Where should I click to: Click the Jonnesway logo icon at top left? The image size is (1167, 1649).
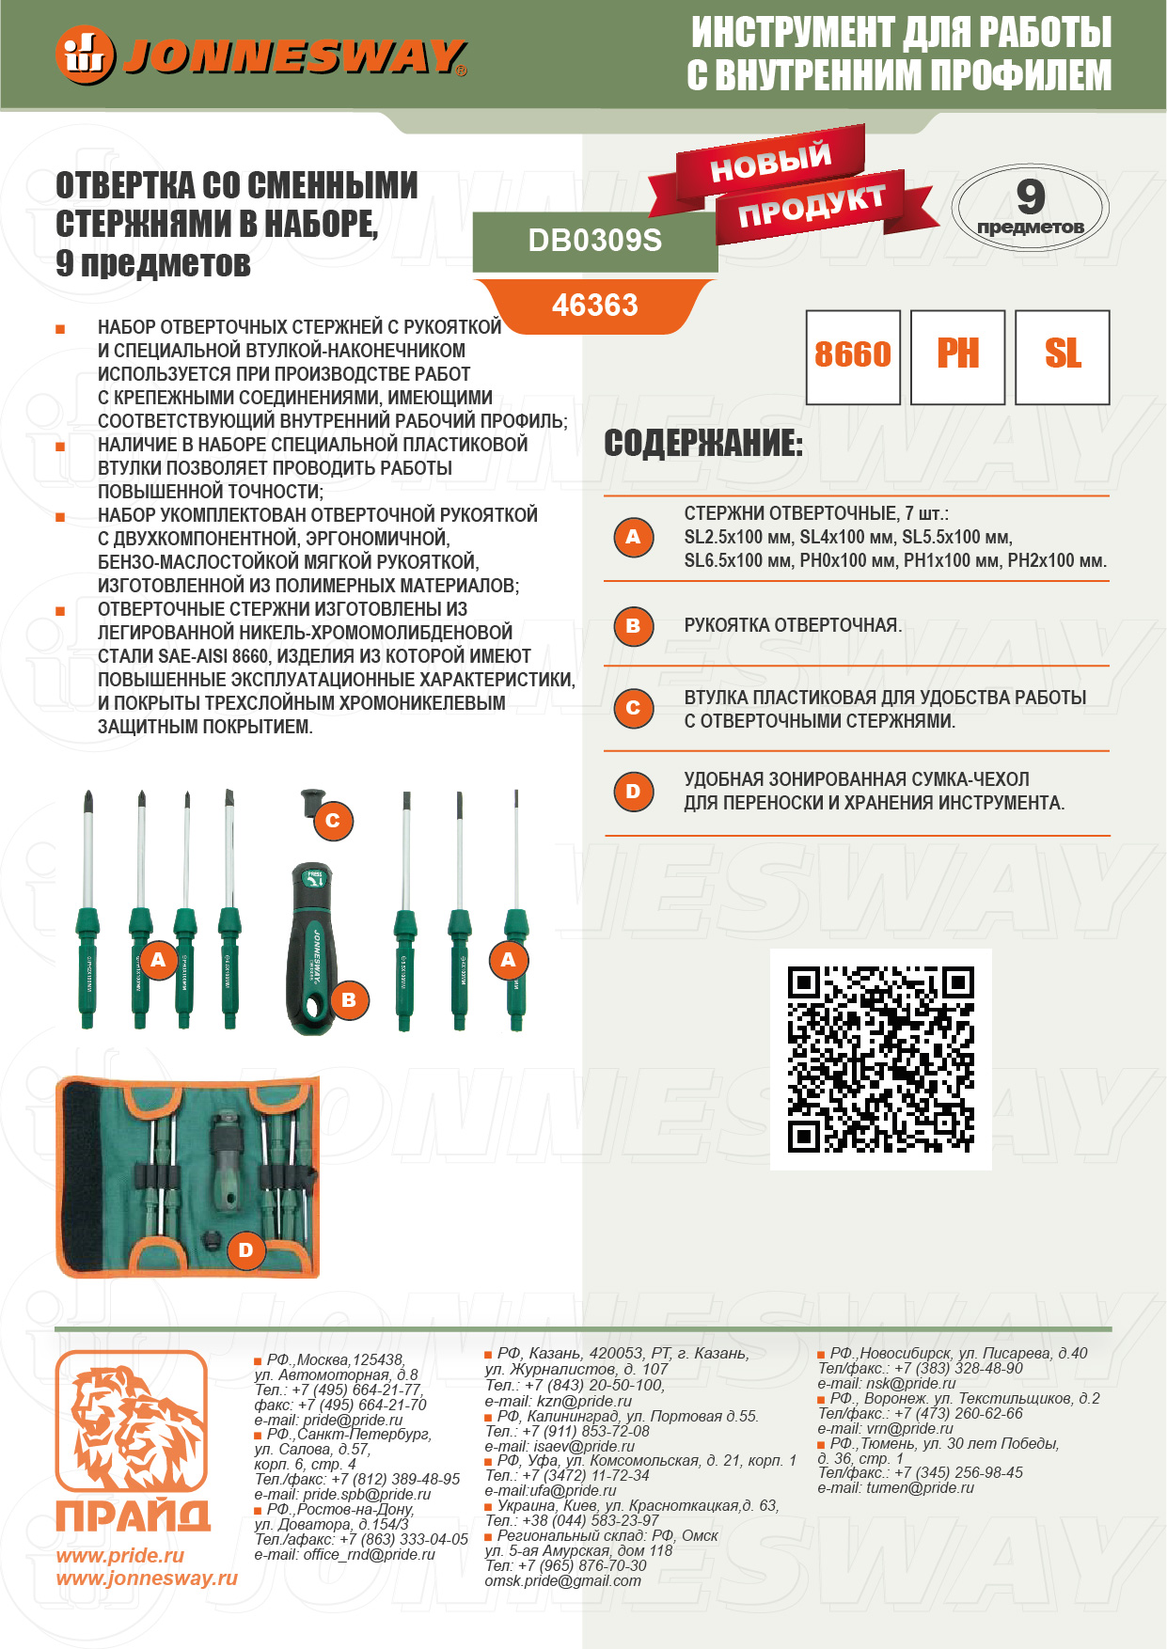click(x=85, y=55)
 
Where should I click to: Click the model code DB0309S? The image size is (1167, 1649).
click(x=595, y=241)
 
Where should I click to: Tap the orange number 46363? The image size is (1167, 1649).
click(x=595, y=306)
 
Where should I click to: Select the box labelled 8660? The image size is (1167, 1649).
click(x=853, y=357)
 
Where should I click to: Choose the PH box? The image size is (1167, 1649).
click(x=958, y=357)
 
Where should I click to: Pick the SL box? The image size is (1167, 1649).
click(x=1063, y=357)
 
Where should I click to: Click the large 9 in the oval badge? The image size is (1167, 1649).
click(x=1031, y=196)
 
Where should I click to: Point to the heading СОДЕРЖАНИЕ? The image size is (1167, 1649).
click(x=703, y=443)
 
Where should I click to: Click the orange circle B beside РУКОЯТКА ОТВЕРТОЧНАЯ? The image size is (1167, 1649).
click(x=633, y=626)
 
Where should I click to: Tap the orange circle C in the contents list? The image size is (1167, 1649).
click(x=633, y=708)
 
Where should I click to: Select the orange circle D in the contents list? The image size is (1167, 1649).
click(x=633, y=792)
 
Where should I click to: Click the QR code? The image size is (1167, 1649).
click(x=881, y=1060)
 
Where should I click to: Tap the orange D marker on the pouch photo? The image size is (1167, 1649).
click(x=245, y=1250)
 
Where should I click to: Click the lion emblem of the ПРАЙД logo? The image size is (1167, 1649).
click(x=132, y=1421)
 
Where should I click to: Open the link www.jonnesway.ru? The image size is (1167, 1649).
click(x=147, y=1578)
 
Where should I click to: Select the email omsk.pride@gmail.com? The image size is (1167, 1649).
click(x=562, y=1580)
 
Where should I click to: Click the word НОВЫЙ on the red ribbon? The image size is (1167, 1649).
click(x=770, y=163)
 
